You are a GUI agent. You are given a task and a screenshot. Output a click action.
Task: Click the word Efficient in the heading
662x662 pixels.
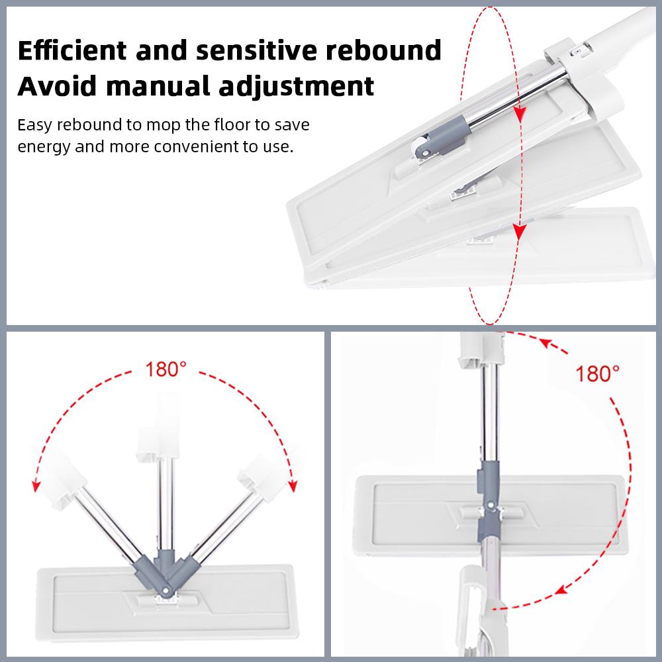pyautogui.click(x=72, y=50)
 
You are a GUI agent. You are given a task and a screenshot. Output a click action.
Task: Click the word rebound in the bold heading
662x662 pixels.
pyautogui.click(x=383, y=50)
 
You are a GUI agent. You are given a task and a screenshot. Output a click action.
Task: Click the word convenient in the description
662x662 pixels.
pyautogui.click(x=196, y=146)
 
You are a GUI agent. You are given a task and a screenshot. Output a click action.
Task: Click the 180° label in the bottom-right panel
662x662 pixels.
pyautogui.click(x=597, y=373)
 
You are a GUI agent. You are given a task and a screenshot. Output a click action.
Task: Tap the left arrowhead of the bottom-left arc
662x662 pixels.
pyautogui.click(x=36, y=486)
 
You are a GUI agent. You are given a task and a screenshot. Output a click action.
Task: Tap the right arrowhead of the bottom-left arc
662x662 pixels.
pyautogui.click(x=293, y=486)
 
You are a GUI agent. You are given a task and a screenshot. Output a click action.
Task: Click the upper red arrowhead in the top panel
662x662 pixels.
pyautogui.click(x=520, y=113)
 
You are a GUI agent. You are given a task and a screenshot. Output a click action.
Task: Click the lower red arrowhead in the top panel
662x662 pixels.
pyautogui.click(x=519, y=231)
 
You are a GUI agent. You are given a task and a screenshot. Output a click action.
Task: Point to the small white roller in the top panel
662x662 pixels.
pyautogui.click(x=420, y=147)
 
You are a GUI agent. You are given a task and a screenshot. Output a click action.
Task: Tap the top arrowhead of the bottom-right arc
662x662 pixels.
pyautogui.click(x=547, y=343)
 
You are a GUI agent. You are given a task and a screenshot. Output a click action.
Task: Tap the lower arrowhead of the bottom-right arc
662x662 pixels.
pyautogui.click(x=561, y=590)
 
